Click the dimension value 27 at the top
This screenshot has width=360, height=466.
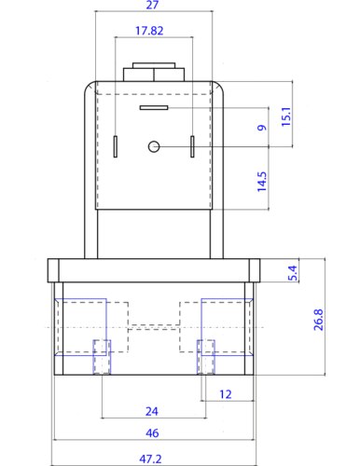click(152, 5)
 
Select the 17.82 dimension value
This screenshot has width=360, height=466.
click(149, 31)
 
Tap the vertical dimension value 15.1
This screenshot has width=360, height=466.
click(286, 116)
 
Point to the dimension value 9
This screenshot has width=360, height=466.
click(262, 128)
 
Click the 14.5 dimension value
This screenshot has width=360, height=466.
click(262, 182)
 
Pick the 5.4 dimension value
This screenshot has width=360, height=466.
click(293, 273)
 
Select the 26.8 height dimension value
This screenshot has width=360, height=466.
click(318, 320)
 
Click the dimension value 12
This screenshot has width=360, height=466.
click(226, 394)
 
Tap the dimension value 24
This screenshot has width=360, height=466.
click(152, 411)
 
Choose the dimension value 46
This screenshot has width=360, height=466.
click(152, 432)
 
